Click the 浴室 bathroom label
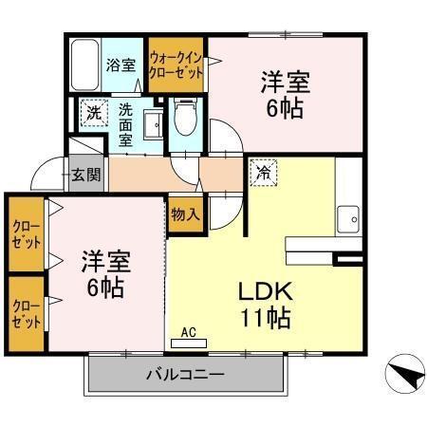point(121,65)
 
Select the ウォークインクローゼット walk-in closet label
point(177,64)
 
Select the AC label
point(188,332)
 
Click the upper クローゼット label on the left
point(27,233)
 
